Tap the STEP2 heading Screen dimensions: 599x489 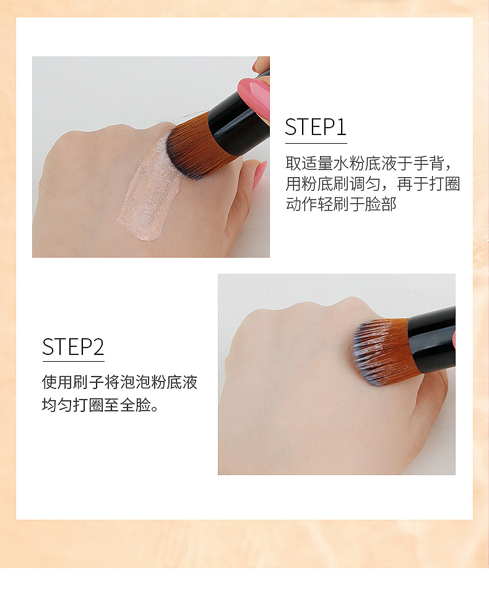pyautogui.click(x=73, y=347)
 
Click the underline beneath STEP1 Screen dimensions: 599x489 pyautogui.click(x=316, y=143)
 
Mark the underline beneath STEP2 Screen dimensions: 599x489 pyautogui.click(x=73, y=361)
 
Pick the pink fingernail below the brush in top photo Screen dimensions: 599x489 pyautogui.click(x=259, y=174)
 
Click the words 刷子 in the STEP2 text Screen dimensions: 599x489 pyautogui.click(x=89, y=382)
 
